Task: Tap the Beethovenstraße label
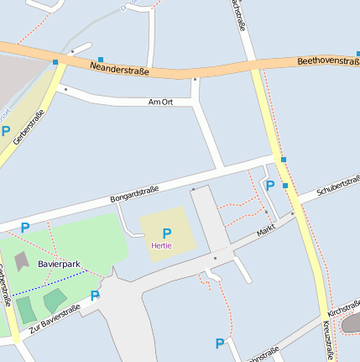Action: (x=327, y=61)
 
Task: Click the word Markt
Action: (x=266, y=229)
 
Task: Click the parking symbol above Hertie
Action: (x=166, y=233)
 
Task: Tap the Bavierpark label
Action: (x=59, y=264)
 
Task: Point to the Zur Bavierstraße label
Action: (x=55, y=318)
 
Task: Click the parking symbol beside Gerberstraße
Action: (x=6, y=131)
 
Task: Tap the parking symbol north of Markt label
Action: (x=269, y=185)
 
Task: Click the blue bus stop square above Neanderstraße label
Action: (x=101, y=60)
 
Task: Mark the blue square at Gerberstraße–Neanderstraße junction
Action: (x=55, y=62)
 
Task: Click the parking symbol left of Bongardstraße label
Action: (x=25, y=227)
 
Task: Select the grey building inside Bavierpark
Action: (x=21, y=261)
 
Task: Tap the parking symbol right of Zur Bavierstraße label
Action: (x=95, y=295)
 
